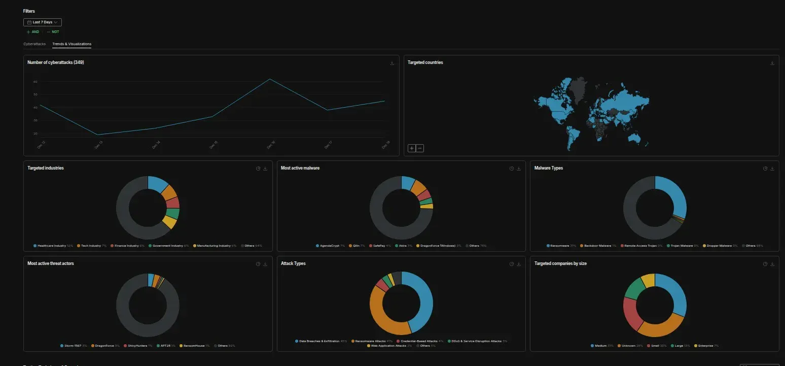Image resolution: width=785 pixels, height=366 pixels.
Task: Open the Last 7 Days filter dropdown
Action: point(43,22)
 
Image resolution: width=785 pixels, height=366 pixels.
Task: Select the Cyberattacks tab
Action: point(34,44)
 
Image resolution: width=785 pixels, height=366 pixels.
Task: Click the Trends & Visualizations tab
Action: point(72,44)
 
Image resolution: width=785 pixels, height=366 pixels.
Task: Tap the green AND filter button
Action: point(33,32)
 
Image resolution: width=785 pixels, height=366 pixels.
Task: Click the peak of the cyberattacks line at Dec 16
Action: point(269,79)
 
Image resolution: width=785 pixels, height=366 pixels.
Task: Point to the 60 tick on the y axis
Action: point(35,82)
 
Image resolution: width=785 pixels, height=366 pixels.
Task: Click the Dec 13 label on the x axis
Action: point(98,145)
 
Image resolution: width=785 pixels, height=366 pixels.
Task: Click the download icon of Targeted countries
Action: point(772,63)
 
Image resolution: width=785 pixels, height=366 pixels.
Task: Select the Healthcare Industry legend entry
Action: point(53,246)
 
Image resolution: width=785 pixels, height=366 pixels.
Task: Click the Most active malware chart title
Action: point(300,168)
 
